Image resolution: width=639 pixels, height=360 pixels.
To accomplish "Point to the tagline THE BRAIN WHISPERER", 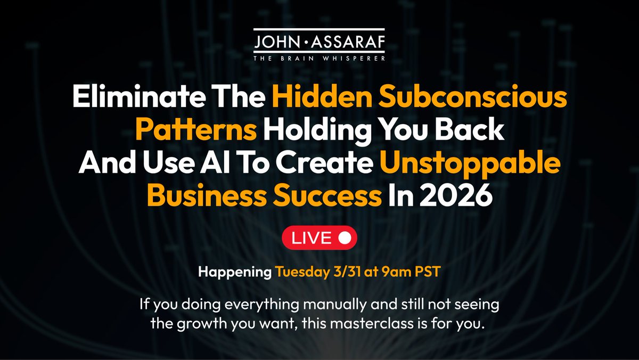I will tap(319, 58).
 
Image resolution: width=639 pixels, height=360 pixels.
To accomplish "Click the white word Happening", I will tap(235, 272).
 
